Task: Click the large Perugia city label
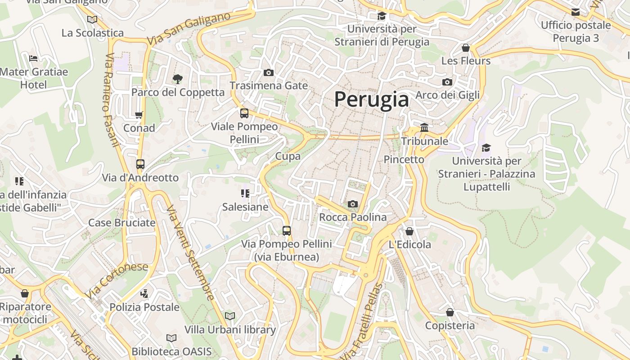[x=372, y=99]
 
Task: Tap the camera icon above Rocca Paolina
[x=353, y=204]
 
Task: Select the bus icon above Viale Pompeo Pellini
[x=244, y=113]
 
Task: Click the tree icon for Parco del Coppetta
[x=178, y=79]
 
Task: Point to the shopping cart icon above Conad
[x=139, y=115]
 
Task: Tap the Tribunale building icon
[x=424, y=128]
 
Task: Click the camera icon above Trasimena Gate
[x=269, y=72]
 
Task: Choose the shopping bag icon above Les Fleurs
[x=466, y=48]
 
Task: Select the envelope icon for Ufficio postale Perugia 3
[x=576, y=12]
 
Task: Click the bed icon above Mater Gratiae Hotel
[x=33, y=58]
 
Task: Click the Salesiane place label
[x=245, y=207]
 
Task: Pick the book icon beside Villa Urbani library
[x=230, y=316]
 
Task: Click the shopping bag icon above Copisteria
[x=450, y=312]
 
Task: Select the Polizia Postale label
[x=144, y=307]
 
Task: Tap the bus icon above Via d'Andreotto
[x=140, y=164]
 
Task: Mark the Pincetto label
[x=404, y=159]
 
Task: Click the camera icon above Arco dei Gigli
[x=447, y=82]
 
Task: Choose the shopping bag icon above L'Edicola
[x=409, y=231]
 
